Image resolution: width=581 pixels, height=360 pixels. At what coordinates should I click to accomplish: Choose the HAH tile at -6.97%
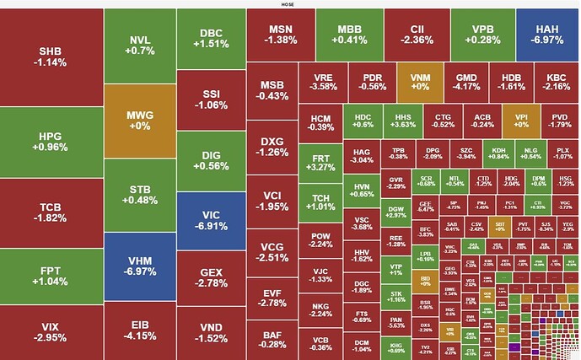point(547,35)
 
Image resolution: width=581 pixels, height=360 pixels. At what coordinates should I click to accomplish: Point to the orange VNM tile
point(420,81)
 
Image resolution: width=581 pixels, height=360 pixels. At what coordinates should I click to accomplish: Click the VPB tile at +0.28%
point(483,35)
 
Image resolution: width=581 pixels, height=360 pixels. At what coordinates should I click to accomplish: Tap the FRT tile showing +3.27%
point(321,163)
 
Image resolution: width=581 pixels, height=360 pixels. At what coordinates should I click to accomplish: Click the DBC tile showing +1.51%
point(211,39)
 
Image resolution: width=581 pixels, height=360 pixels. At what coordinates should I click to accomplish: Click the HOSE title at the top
point(288,4)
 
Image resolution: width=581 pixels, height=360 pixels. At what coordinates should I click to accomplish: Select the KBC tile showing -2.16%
point(557,81)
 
